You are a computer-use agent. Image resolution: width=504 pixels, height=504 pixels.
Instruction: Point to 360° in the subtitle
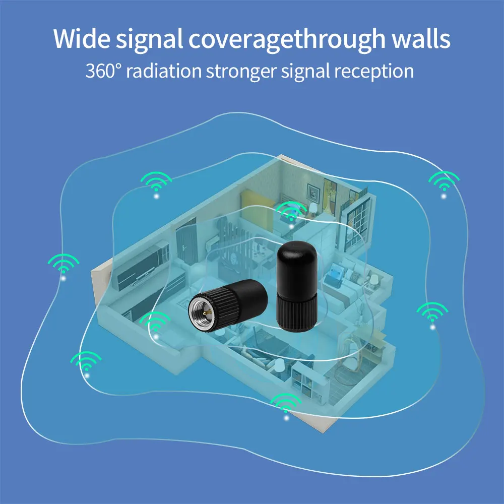(103, 71)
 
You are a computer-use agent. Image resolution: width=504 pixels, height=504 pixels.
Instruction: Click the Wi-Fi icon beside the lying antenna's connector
(155, 324)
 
